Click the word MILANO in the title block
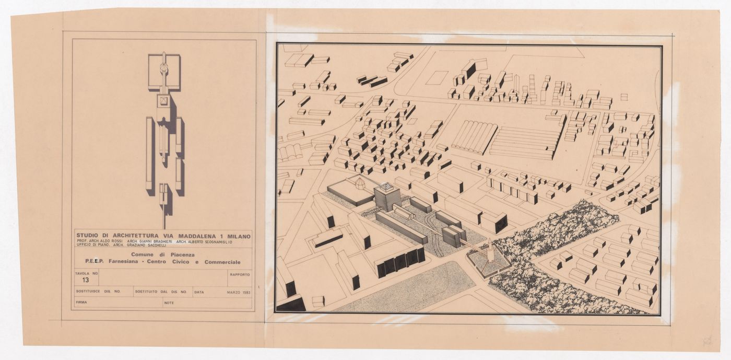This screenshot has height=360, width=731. click(x=238, y=236)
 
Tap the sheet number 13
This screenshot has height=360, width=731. click(x=85, y=280)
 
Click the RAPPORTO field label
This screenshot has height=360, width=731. click(x=239, y=274)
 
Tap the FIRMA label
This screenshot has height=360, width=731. click(x=81, y=302)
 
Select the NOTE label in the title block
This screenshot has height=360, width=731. click(x=169, y=302)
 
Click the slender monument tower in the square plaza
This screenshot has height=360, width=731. click(x=490, y=252)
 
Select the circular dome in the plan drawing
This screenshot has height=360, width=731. click(x=164, y=68)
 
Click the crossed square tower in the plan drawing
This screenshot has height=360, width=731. click(x=164, y=101)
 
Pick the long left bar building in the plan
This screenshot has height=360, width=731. click(x=149, y=154)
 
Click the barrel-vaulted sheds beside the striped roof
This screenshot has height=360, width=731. click(x=474, y=136)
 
